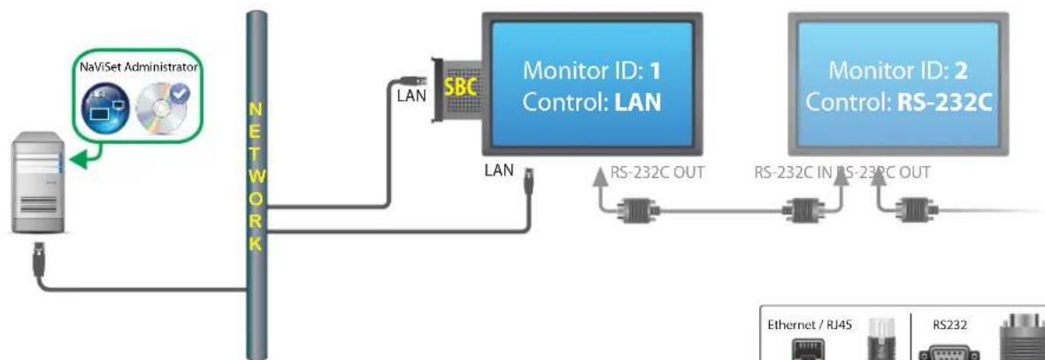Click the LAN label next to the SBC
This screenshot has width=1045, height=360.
point(411,95)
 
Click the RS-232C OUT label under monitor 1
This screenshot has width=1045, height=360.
point(655,172)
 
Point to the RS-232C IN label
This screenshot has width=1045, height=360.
point(793,172)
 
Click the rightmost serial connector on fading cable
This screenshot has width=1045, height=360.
point(911,211)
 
